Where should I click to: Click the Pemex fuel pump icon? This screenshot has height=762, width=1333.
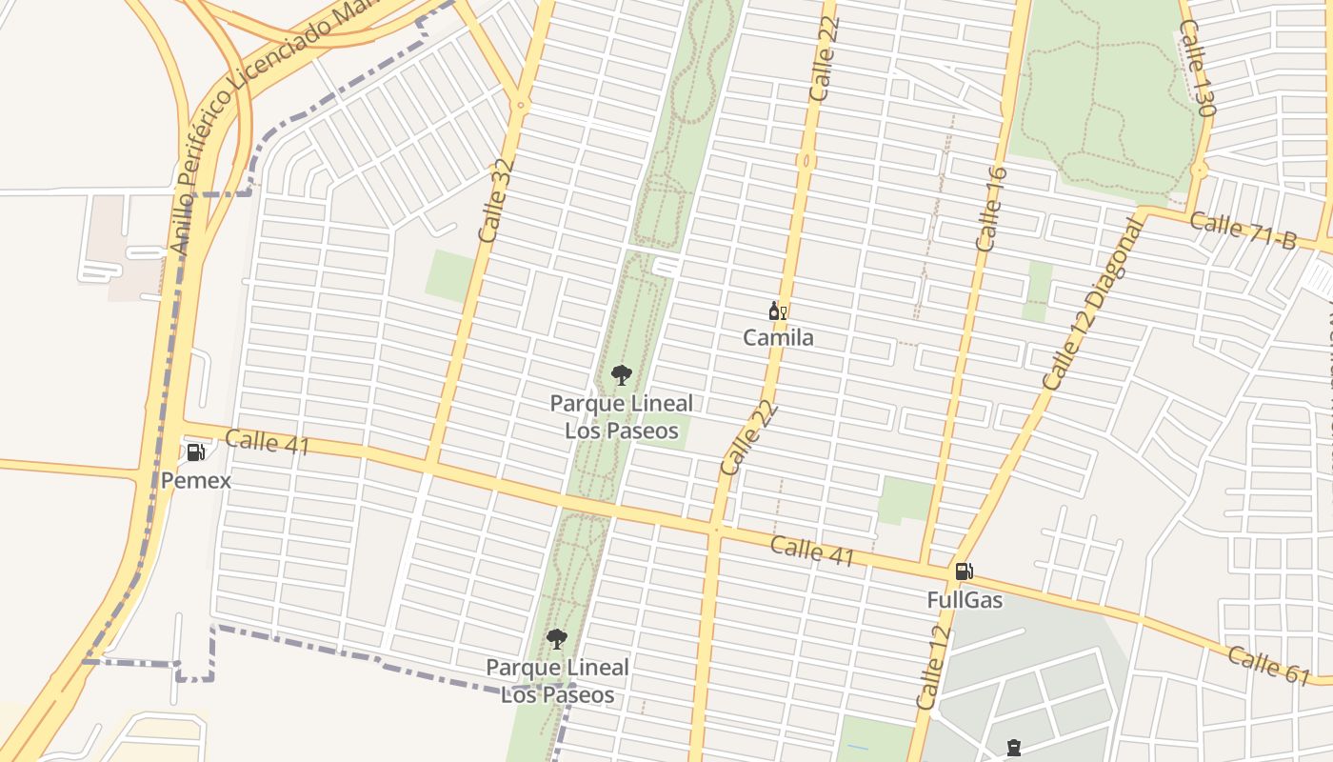(x=195, y=452)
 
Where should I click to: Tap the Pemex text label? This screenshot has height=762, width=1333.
(x=195, y=480)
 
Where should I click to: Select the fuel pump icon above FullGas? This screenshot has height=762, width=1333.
(x=964, y=571)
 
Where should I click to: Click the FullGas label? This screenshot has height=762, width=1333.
(x=965, y=600)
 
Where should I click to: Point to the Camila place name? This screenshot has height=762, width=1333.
(x=778, y=337)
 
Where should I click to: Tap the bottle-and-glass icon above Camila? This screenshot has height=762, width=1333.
(x=778, y=311)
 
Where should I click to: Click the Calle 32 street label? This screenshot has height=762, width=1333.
(x=497, y=199)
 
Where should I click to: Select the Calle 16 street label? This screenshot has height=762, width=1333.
(x=991, y=209)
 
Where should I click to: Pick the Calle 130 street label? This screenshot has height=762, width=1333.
(x=1197, y=68)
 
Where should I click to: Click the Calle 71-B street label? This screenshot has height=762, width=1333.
(x=1243, y=231)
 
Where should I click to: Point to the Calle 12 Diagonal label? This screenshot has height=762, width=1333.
(x=1092, y=304)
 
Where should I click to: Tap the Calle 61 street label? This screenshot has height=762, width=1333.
(x=1268, y=664)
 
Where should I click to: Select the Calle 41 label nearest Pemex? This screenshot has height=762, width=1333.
(x=268, y=442)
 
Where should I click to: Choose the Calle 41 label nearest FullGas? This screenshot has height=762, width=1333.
(x=812, y=551)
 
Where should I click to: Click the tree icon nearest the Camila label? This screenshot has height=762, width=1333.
(x=622, y=375)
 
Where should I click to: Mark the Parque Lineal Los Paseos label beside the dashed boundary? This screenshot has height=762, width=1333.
(x=558, y=680)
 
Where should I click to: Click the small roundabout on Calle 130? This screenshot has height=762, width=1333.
(x=1199, y=171)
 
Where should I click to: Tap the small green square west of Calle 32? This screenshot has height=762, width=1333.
(x=449, y=276)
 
